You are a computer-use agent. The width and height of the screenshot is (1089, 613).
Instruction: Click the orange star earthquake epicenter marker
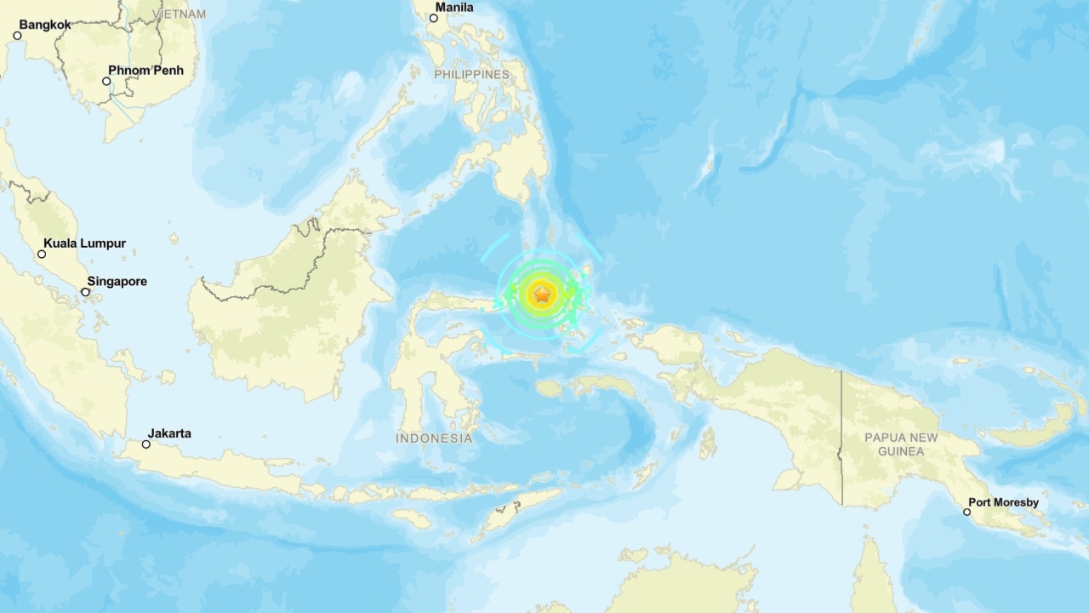coord(541,295)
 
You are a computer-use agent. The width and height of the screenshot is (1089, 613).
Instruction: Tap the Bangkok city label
coord(45,25)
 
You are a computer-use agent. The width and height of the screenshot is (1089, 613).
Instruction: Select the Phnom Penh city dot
coord(106,82)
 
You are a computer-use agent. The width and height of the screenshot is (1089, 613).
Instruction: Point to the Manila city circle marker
coord(433,18)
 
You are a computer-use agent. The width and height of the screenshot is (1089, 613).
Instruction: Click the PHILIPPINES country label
coord(471,74)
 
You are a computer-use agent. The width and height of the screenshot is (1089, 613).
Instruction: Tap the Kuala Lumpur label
coord(84,243)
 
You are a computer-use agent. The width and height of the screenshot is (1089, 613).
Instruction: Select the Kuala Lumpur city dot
coord(42,254)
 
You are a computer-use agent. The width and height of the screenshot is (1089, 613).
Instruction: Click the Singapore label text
coord(117,282)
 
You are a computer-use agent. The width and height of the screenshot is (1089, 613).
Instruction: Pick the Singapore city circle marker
coord(85,292)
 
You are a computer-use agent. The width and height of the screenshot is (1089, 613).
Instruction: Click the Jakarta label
coord(169,433)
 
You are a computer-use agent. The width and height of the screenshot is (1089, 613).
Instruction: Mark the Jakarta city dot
coord(146,444)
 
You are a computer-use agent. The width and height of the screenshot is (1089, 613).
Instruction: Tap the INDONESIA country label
coord(434,438)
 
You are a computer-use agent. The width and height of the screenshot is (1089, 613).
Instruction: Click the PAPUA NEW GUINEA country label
coord(901,444)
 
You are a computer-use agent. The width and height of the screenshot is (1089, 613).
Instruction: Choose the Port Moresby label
coord(1004,502)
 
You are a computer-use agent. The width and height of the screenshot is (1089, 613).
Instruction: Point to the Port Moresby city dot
coord(966,512)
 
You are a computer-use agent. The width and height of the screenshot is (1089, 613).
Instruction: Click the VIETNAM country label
coord(182,14)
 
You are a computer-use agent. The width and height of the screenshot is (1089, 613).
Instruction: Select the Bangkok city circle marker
coord(17,36)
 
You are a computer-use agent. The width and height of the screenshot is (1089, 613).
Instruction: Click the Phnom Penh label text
coord(145,71)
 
